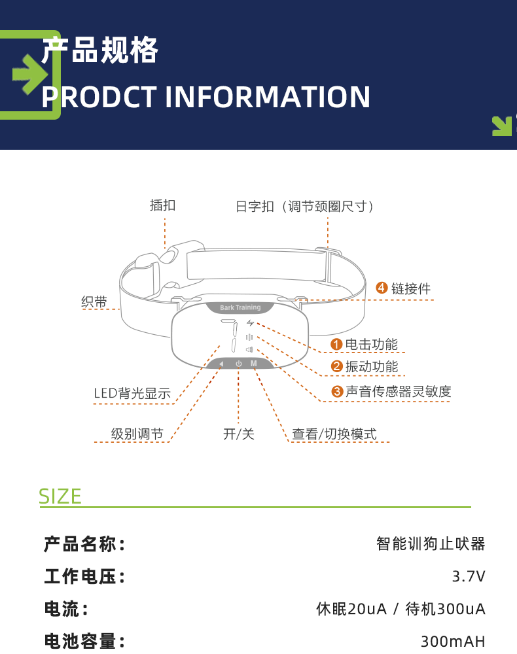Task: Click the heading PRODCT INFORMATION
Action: coord(205,97)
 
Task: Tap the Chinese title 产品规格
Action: coord(99,50)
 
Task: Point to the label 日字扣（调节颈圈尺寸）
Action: coord(307,207)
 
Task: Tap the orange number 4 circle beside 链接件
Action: coord(382,288)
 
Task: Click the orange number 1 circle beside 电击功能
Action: coord(336,345)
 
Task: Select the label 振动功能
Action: coord(371,367)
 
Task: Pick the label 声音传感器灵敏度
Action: coord(398,392)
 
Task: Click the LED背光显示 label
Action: coord(132,393)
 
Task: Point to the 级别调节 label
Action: coord(137,434)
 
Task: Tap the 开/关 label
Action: coord(239,434)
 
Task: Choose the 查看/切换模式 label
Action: coord(334,434)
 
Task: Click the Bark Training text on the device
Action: coord(240,307)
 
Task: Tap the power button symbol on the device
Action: coord(238,364)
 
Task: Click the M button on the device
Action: coord(253,364)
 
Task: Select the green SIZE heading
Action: coord(60,496)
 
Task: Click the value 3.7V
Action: coord(469,576)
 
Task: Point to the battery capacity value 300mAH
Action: coord(453,641)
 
